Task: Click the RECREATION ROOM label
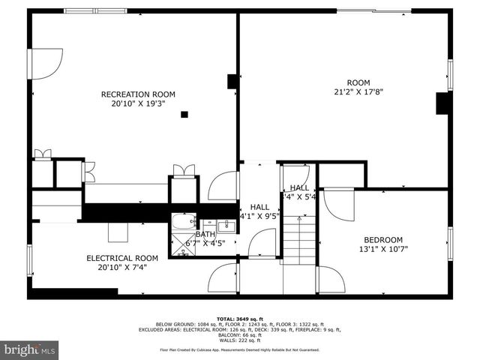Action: click(138, 94)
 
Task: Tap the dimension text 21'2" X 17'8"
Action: click(358, 92)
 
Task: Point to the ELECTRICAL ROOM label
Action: click(121, 258)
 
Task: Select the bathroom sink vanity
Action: click(226, 223)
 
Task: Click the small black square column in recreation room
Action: click(184, 115)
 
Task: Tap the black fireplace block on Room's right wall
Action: click(442, 103)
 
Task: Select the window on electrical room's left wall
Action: click(29, 259)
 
